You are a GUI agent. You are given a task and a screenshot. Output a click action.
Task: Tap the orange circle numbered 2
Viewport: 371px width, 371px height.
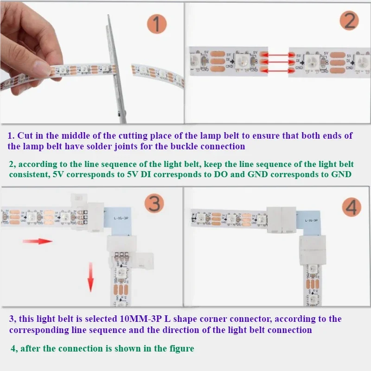point(349,21)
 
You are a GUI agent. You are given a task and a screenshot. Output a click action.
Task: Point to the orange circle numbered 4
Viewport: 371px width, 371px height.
point(351,206)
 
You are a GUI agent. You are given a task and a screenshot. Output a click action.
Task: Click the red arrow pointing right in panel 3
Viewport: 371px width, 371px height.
point(38,241)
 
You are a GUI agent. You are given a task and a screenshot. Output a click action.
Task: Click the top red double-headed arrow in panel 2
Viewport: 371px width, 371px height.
point(275,54)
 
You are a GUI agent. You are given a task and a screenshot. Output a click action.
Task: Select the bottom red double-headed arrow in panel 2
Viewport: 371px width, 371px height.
point(275,70)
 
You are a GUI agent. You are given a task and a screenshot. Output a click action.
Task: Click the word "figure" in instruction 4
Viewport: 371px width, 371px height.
point(179,348)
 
